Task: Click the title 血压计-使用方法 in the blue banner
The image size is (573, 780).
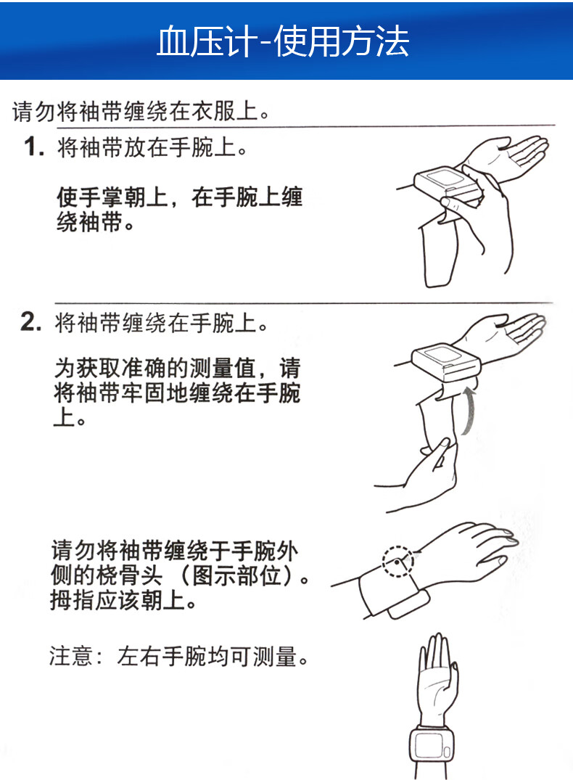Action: [284, 41]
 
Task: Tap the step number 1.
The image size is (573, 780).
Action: [33, 148]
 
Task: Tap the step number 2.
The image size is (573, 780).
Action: [32, 323]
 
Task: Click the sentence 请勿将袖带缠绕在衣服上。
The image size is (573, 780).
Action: [142, 112]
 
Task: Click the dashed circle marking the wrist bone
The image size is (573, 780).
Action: [398, 561]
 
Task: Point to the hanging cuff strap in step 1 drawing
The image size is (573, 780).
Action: [439, 254]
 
